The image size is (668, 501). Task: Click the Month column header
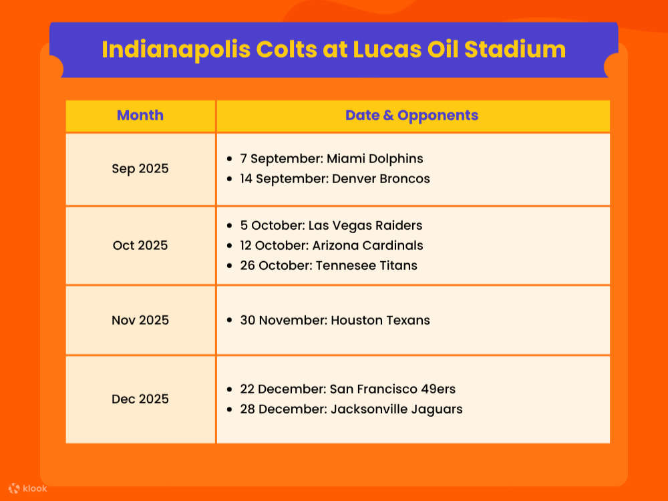[140, 115]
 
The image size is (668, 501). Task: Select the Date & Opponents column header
[411, 115]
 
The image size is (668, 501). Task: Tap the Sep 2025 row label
[140, 168]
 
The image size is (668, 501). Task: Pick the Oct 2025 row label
[140, 245]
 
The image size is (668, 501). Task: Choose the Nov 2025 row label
[140, 320]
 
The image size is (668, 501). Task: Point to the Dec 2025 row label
[140, 399]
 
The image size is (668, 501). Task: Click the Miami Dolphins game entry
[331, 159]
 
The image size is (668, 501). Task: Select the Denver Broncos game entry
[335, 178]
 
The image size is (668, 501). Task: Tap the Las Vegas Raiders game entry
[331, 225]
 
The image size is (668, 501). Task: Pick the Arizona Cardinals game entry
[331, 245]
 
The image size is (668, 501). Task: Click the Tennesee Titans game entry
[329, 265]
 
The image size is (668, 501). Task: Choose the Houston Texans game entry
[335, 320]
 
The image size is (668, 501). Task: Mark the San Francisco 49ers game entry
[347, 389]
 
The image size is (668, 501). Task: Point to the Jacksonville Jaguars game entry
[351, 409]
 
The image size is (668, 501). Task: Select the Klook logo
[28, 488]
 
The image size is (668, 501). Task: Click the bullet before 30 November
[230, 321]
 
